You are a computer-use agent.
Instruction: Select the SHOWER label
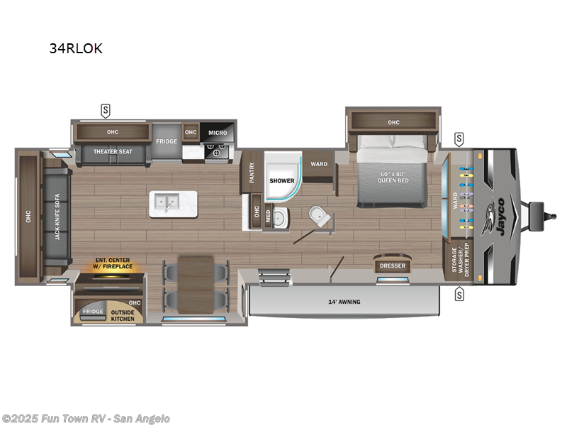pos(281,180)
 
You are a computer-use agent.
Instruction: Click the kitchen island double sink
pos(167,203)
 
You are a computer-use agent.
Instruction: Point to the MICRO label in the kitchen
pos(218,133)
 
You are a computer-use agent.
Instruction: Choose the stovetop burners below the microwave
pos(217,151)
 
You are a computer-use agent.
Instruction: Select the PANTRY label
pos(252,173)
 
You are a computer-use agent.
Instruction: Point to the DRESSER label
pos(392,266)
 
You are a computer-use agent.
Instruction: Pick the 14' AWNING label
pos(344,302)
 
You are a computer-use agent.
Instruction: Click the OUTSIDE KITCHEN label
pos(122,314)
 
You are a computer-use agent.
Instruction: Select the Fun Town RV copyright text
pos(86,419)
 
